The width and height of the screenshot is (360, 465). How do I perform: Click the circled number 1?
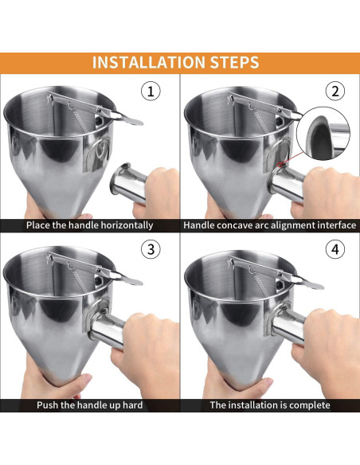[x=151, y=91]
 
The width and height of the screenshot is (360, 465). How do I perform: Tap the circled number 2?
[x=335, y=91]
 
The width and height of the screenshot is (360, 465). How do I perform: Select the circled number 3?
[x=151, y=249]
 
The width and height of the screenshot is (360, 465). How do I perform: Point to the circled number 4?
[x=335, y=249]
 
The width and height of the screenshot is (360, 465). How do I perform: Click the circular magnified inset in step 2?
[x=323, y=133]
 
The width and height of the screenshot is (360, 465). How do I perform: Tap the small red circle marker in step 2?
[x=280, y=165]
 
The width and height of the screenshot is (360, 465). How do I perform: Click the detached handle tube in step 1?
[x=128, y=182]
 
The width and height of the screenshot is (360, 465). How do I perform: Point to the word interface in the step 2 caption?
[x=337, y=225]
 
